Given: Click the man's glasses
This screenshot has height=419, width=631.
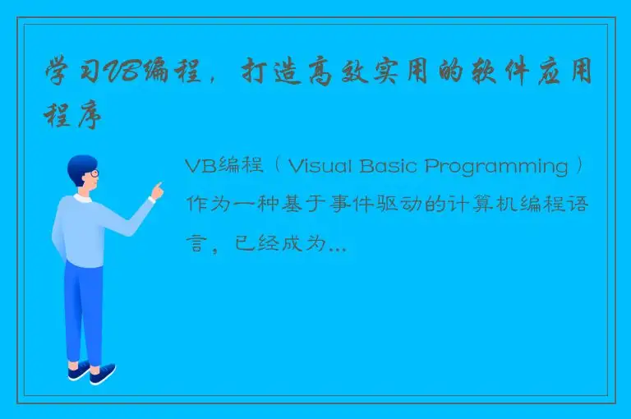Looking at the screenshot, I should (94, 173).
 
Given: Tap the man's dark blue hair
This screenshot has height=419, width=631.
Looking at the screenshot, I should (80, 165).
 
